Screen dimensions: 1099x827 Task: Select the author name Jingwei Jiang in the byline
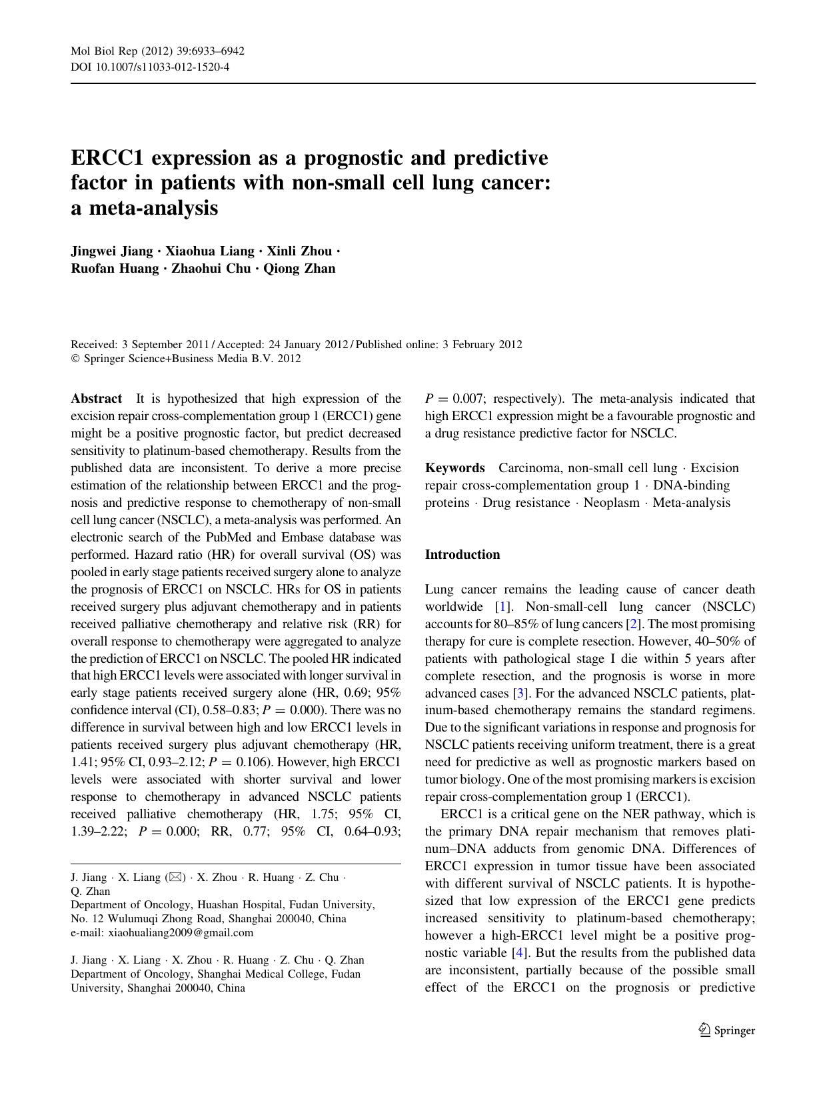(x=112, y=251)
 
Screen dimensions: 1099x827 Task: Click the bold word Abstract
(x=97, y=399)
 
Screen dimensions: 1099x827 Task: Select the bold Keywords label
(x=454, y=468)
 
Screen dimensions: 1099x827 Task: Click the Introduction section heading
(x=462, y=555)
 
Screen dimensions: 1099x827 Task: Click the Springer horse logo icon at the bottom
(x=705, y=1030)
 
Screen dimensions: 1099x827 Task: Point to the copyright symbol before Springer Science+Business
(x=75, y=359)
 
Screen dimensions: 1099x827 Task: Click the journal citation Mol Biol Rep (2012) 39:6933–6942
(x=157, y=51)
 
